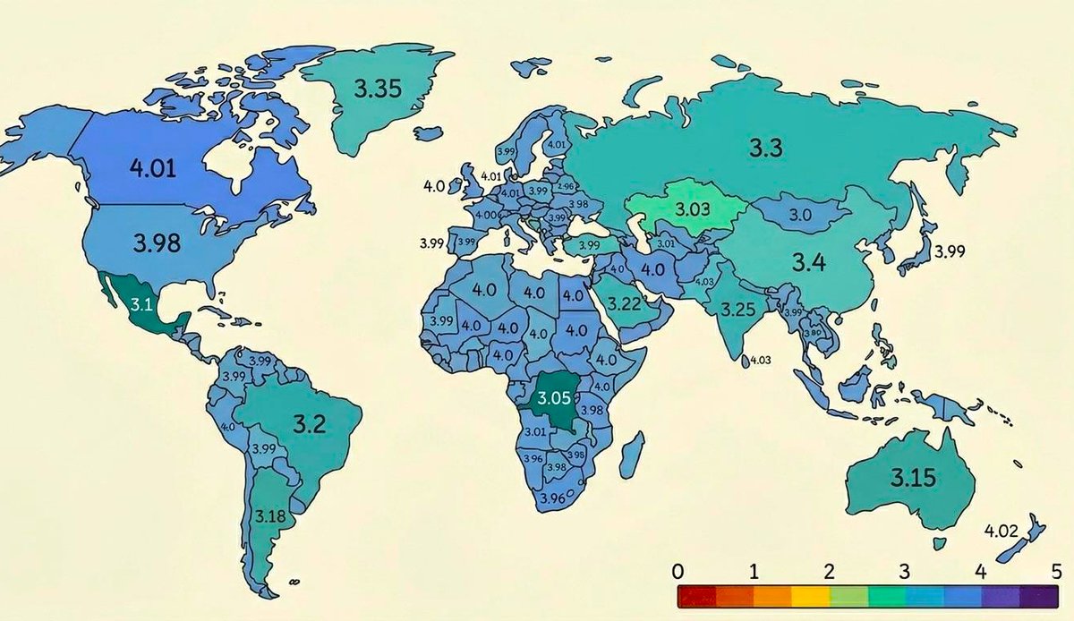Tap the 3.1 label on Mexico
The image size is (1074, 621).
click(x=142, y=304)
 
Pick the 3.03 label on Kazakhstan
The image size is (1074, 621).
click(x=691, y=209)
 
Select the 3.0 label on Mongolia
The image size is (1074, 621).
click(x=800, y=216)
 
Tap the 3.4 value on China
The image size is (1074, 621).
click(x=812, y=262)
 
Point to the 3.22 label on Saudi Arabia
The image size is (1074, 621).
click(x=623, y=303)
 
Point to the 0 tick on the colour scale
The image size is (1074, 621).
click(x=678, y=570)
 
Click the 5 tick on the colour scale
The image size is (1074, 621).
click(x=1056, y=570)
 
